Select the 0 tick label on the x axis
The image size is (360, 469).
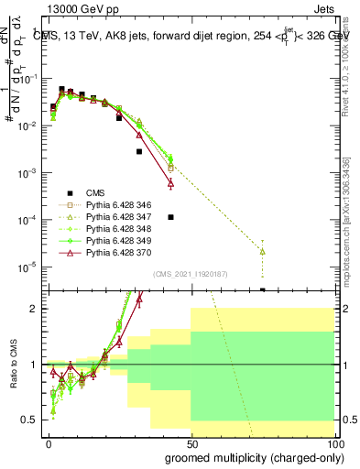pyautogui.click(x=49, y=443)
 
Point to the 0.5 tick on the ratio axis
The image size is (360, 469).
pyautogui.click(x=30, y=420)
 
